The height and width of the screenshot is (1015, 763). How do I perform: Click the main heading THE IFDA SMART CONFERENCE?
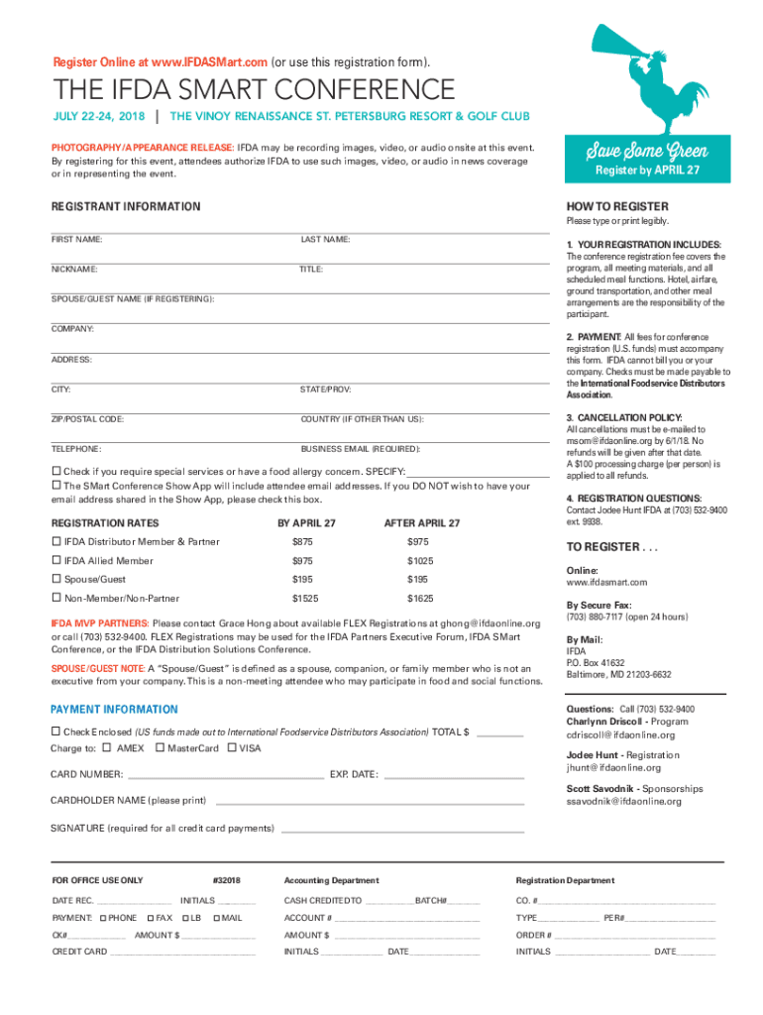pyautogui.click(x=254, y=90)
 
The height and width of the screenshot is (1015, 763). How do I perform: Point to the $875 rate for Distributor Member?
pyautogui.click(x=302, y=542)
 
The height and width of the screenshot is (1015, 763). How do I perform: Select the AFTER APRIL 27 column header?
pyautogui.click(x=421, y=522)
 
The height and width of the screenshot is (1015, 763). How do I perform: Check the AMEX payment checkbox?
pyautogui.click(x=108, y=747)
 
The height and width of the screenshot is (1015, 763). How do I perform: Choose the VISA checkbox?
pyautogui.click(x=232, y=747)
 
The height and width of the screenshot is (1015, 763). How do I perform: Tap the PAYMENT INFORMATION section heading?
pyautogui.click(x=114, y=710)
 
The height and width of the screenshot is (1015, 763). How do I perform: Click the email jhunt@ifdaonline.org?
pyautogui.click(x=612, y=768)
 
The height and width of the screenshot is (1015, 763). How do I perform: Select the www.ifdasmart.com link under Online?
pyautogui.click(x=606, y=582)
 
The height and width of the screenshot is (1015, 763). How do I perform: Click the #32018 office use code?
pyautogui.click(x=227, y=880)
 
